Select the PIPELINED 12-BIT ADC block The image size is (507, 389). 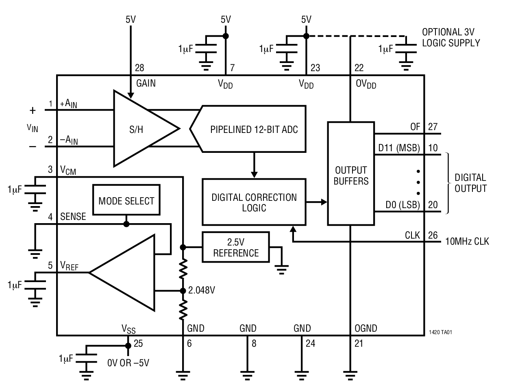252,129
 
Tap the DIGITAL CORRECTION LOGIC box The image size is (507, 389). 254,202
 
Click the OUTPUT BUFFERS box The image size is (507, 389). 350,175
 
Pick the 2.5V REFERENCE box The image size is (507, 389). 236,248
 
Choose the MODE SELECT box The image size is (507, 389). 126,201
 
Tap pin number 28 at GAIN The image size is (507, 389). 139,68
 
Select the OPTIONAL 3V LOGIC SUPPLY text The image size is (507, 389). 450,37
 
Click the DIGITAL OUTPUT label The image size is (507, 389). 470,183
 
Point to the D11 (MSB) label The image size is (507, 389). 399,148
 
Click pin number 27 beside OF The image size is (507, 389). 433,127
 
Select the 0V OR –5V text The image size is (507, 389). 128,363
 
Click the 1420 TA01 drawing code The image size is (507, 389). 440,332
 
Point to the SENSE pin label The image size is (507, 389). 73,217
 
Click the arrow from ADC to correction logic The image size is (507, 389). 254,165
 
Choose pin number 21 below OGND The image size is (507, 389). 359,343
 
